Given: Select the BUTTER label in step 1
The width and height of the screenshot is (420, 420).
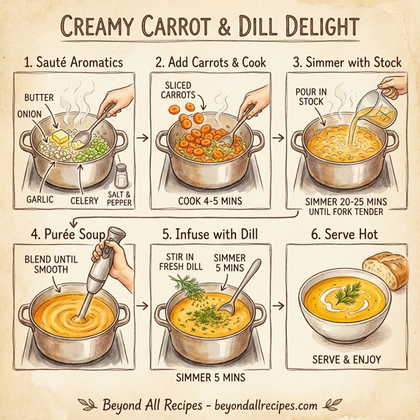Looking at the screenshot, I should (38, 97).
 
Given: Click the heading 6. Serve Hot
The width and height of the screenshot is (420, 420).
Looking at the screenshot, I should (348, 235).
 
